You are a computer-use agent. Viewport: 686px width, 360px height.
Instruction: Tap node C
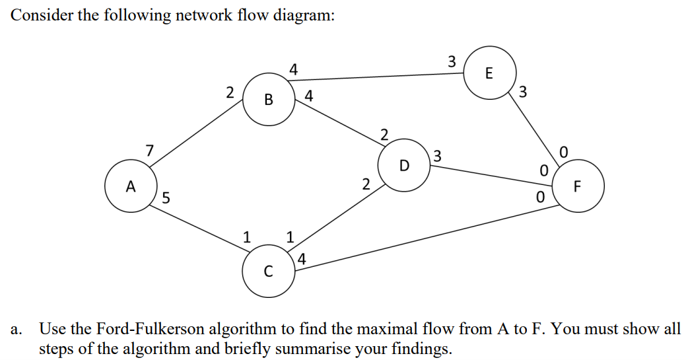tap(267, 271)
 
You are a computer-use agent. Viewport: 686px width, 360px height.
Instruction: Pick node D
tap(405, 164)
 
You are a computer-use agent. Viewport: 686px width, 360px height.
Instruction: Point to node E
tap(489, 73)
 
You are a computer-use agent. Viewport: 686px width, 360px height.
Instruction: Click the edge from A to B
tap(198, 136)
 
